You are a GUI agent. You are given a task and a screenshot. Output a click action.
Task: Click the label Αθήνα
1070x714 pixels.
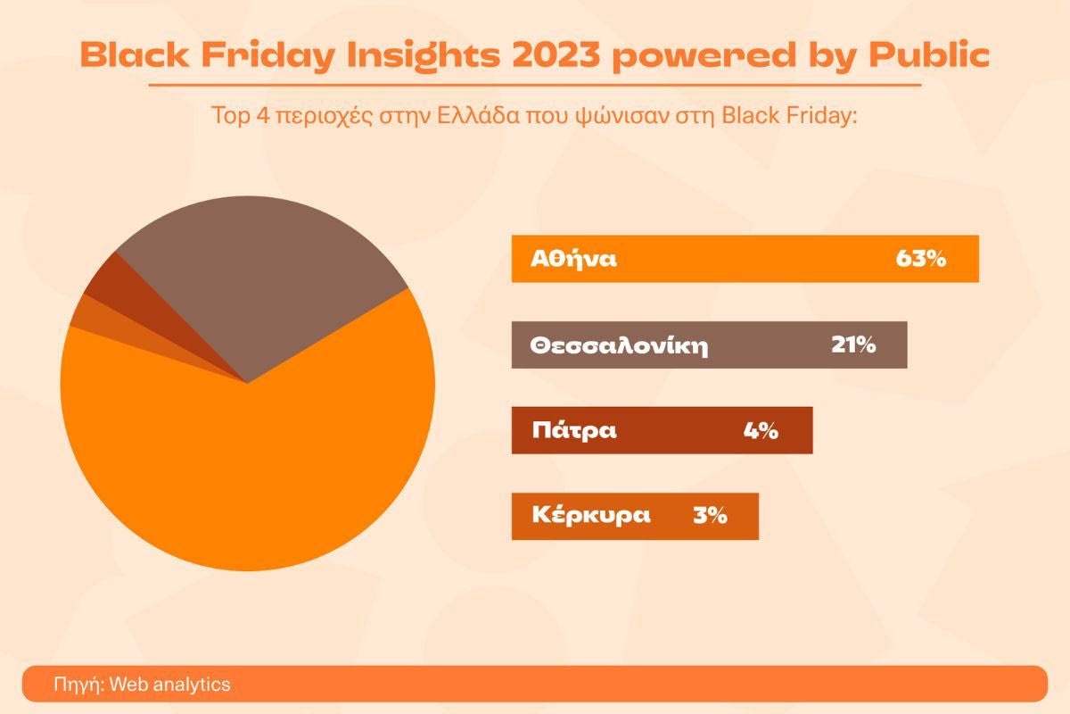click(573, 259)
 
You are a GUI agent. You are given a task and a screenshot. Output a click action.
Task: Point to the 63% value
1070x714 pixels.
click(920, 259)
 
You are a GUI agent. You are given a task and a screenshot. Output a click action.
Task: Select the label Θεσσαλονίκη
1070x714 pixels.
click(619, 345)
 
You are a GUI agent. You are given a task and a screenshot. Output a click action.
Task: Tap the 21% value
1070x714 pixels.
click(853, 345)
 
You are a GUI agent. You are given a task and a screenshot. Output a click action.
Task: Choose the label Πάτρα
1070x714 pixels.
click(574, 430)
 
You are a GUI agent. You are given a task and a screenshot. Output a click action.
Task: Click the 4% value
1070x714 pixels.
click(761, 430)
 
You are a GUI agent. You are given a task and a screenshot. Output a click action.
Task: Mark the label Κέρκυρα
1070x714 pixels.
click(590, 516)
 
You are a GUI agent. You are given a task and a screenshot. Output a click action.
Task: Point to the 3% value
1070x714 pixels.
click(710, 516)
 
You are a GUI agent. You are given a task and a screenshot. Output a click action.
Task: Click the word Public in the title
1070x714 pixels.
click(929, 55)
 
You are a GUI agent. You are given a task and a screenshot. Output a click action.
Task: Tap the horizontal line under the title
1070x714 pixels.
click(535, 86)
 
